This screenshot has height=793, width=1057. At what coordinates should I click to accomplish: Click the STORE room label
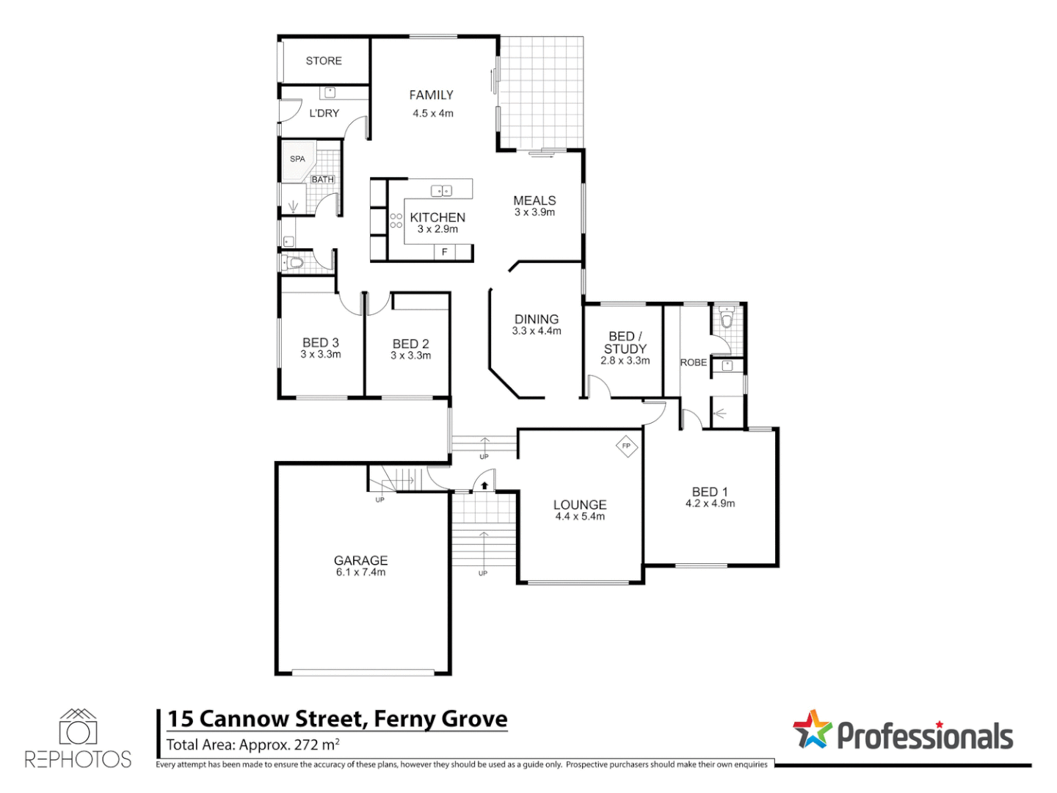coord(324,61)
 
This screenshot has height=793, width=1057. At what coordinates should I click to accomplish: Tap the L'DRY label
coord(324,113)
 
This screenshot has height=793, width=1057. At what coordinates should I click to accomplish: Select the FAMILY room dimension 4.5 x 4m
coord(432,113)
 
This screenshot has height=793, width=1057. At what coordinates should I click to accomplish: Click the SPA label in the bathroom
coord(297,159)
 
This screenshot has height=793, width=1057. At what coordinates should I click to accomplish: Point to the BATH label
coord(322,179)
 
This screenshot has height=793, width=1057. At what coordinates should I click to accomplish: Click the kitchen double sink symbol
coord(441,191)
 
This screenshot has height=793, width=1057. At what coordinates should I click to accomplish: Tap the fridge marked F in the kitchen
coord(444,252)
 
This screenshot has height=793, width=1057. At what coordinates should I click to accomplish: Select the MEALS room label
coord(534,200)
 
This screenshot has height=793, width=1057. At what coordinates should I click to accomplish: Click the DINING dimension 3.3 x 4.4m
coord(537,331)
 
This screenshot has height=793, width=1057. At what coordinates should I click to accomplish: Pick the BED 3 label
coord(321,342)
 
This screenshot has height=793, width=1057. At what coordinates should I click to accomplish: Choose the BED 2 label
coord(410,344)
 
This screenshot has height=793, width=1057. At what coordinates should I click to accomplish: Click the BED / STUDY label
coord(625,342)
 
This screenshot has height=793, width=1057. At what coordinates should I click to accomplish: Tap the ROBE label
coord(694,362)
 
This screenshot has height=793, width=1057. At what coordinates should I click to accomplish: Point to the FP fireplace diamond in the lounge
coord(626,446)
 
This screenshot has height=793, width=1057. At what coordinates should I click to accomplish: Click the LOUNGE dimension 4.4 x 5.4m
coord(580,517)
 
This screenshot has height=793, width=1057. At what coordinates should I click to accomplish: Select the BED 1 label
coord(710,491)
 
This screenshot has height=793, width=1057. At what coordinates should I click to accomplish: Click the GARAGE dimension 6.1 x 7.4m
coord(360,572)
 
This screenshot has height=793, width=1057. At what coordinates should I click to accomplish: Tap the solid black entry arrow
coord(484,485)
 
